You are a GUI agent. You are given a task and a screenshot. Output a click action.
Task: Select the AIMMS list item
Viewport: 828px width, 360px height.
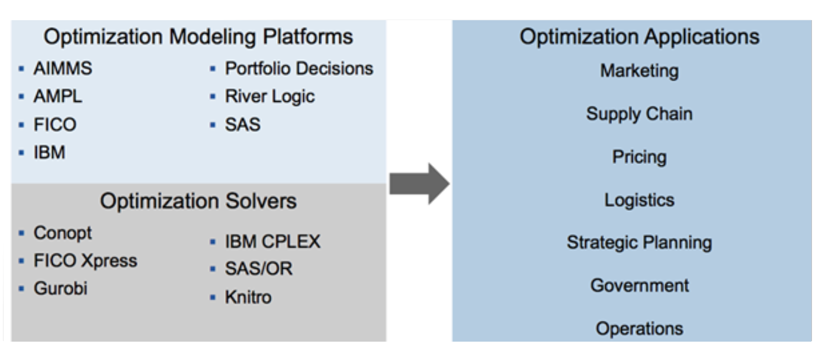pos(62,69)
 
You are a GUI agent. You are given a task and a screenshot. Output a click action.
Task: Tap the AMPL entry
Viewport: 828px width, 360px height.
pos(57,97)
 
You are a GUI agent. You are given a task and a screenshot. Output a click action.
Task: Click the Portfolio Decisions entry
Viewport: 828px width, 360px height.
pos(299,69)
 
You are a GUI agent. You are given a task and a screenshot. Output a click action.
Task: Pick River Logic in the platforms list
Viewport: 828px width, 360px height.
pos(269,97)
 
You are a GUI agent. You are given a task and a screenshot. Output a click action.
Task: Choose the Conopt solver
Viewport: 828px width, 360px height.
pos(62,233)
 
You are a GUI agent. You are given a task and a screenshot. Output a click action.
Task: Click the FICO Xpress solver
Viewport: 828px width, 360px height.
pos(85,261)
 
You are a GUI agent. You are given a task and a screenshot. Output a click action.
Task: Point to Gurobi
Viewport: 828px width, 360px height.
pos(60,289)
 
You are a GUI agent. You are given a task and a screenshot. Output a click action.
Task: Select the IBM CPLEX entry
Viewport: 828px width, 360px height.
pos(272,242)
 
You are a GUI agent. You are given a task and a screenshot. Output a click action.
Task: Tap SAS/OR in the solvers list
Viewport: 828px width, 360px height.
pos(258,269)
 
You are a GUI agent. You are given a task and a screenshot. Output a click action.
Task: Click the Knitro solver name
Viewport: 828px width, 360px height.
pos(248,297)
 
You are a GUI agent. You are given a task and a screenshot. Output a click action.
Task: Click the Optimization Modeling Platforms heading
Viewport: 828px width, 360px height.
pos(198,37)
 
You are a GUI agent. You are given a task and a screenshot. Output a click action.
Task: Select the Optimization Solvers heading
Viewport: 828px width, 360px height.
pos(198,201)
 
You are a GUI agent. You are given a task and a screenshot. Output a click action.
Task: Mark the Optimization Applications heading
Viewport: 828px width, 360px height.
pos(639,37)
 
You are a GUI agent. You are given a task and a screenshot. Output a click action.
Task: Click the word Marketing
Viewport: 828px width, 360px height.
pos(639,71)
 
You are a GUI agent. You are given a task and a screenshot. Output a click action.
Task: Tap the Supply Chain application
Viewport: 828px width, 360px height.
pos(639,114)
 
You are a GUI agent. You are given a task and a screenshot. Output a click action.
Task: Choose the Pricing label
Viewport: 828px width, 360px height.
pos(639,157)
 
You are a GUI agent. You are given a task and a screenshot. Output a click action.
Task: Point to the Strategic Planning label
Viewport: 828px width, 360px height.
pos(639,243)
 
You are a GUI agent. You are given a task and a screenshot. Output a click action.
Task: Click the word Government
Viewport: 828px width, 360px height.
pos(639,285)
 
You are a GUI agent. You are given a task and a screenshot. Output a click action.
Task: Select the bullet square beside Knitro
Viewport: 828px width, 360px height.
pos(213,297)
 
